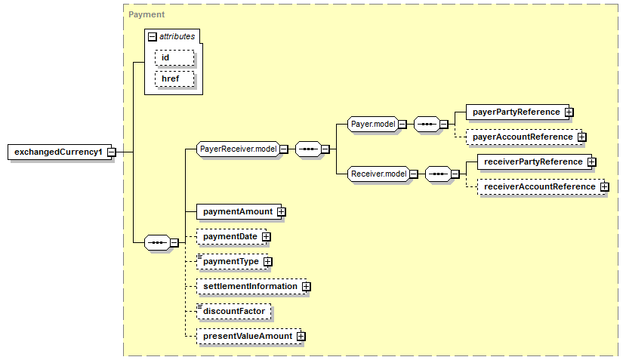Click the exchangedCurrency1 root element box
pyautogui.click(x=57, y=152)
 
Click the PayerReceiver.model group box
pyautogui.click(x=238, y=149)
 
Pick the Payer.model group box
pyautogui.click(x=373, y=124)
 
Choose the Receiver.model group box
pyautogui.click(x=378, y=174)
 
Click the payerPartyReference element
pyautogui.click(x=516, y=112)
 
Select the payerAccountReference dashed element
pyautogui.click(x=522, y=137)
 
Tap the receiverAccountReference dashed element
pyautogui.click(x=538, y=186)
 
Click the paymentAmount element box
pyautogui.click(x=237, y=211)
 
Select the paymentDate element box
pyautogui.click(x=230, y=236)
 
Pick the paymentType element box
pyautogui.click(x=230, y=261)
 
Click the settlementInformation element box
pyautogui.click(x=249, y=286)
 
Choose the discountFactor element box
pyautogui.click(x=233, y=311)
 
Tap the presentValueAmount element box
pyautogui.click(x=246, y=336)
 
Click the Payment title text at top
pyautogui.click(x=146, y=14)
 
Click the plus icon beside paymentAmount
pyautogui.click(x=282, y=212)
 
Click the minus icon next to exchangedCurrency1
pyautogui.click(x=111, y=152)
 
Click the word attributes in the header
pyautogui.click(x=177, y=36)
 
